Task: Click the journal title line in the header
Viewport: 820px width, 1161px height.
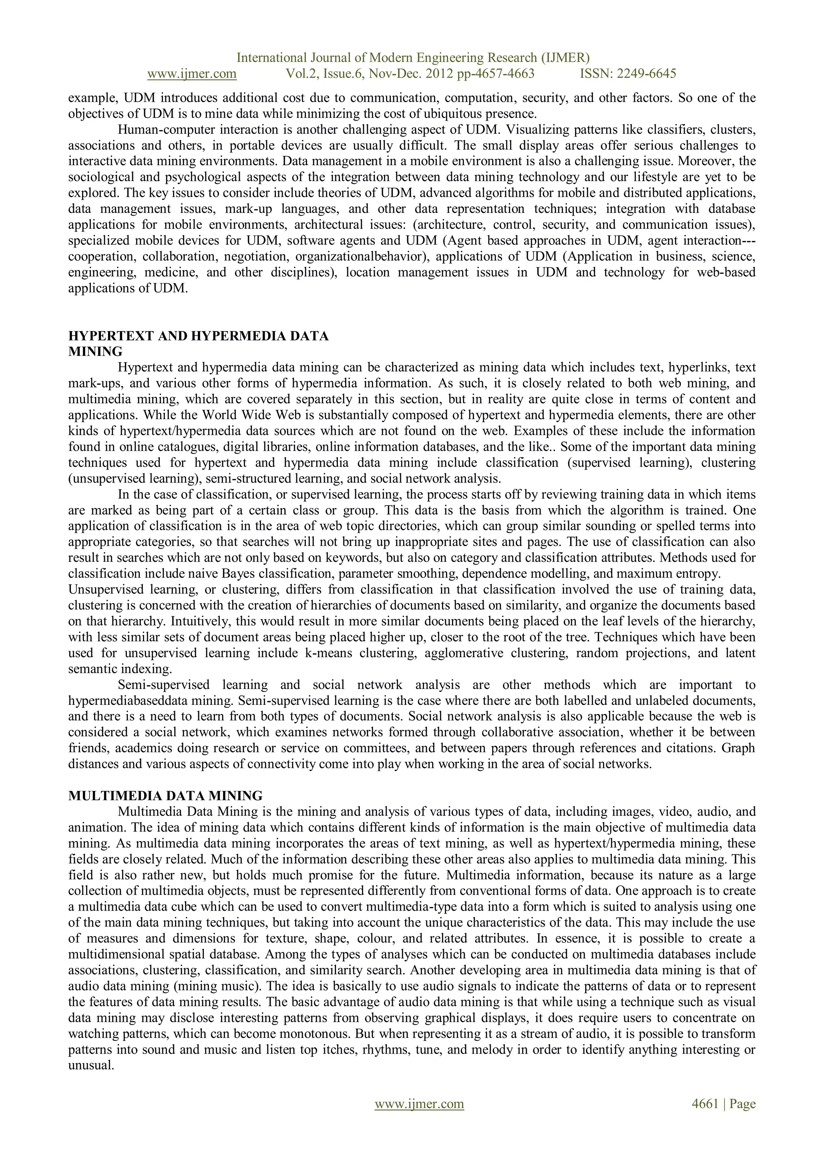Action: [x=413, y=58]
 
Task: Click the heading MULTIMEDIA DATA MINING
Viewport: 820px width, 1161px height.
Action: [x=165, y=796]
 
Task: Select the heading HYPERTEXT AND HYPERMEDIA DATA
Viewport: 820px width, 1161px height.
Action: [x=198, y=336]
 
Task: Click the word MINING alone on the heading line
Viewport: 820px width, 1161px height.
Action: [x=95, y=351]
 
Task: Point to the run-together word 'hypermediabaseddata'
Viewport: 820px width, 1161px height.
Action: [x=129, y=701]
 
